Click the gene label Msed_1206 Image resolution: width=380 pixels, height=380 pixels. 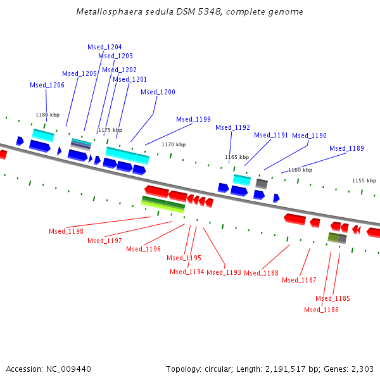47,85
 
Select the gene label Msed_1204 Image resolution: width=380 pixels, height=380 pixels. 104,47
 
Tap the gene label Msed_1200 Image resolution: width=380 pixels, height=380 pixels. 158,92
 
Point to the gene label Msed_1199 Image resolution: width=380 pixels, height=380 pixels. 193,119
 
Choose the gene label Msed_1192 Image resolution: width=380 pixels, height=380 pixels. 232,127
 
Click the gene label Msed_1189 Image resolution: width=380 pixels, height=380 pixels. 346,148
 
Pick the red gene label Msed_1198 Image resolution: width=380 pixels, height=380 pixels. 66,231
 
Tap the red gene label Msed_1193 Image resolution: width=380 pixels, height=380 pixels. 224,272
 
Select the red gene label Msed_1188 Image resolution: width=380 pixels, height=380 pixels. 261,273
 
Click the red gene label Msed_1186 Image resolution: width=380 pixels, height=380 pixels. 321,310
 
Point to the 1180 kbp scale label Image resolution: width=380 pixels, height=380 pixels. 47,115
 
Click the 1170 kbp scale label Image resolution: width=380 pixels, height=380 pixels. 174,144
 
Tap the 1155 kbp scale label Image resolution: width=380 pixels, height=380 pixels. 364,180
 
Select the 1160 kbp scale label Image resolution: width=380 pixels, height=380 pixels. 300,170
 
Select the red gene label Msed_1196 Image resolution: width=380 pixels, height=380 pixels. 143,249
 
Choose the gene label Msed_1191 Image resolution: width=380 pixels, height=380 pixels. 271,135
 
